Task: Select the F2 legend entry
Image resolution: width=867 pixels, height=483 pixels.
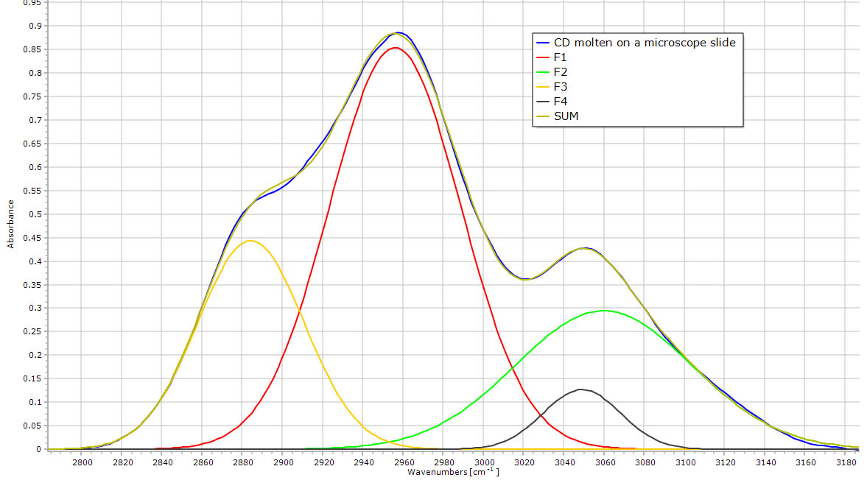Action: click(562, 72)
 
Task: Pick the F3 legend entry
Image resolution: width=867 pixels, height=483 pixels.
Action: click(562, 87)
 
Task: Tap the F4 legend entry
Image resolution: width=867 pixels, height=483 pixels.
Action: click(562, 102)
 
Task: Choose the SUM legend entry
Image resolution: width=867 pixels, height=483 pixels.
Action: click(566, 116)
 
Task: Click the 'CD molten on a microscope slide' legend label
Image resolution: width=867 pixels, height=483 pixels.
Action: click(644, 43)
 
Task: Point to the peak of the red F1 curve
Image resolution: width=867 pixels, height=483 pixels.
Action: click(396, 48)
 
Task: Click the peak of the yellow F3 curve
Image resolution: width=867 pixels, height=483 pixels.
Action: click(250, 241)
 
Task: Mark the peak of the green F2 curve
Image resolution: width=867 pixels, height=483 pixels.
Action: click(605, 311)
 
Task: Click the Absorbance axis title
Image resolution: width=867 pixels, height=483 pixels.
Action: click(11, 223)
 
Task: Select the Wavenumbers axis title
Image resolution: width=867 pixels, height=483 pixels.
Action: click(453, 471)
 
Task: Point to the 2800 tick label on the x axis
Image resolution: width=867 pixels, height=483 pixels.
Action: click(83, 462)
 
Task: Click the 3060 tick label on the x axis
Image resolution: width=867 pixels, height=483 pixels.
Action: click(606, 462)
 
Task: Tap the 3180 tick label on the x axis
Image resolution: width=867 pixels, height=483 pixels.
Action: click(847, 462)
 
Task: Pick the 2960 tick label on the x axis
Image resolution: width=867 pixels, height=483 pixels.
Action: click(404, 462)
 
